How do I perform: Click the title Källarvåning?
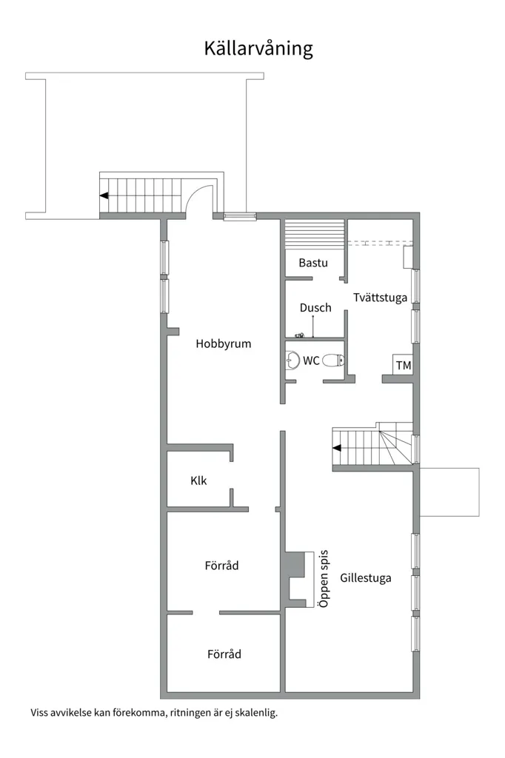pos(258,49)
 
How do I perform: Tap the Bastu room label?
pos(313,263)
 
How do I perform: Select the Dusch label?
pos(315,308)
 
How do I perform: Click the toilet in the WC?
pos(333,360)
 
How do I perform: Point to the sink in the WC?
pos(292,360)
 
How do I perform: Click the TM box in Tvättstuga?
pos(403,366)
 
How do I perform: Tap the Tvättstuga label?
pos(380,298)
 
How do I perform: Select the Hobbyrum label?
pos(224,344)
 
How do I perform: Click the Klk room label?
pos(198,480)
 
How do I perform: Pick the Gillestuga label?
pos(366,578)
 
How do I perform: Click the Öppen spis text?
pos(323,579)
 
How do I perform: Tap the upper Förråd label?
pos(221,565)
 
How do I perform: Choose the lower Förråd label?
pos(224,654)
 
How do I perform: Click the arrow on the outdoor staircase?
pos(104,195)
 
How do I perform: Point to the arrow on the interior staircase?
pos(336,448)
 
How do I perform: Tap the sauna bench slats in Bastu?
pos(314,235)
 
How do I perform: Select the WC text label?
pos(311,360)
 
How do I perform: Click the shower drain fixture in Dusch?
pos(300,335)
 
